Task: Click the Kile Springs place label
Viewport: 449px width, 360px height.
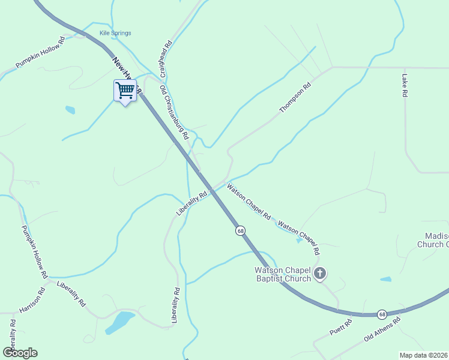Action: [115, 33]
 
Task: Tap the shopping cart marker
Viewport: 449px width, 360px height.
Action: [125, 91]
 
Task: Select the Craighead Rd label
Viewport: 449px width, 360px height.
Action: [166, 59]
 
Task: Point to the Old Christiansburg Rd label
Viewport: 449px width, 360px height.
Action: [175, 112]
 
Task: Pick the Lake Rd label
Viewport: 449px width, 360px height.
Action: [405, 86]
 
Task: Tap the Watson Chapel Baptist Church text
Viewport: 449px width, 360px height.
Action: [282, 274]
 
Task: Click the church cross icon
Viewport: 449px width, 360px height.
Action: [321, 274]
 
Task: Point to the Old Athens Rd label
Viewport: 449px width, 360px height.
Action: [382, 330]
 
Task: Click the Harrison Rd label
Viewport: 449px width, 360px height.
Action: [32, 301]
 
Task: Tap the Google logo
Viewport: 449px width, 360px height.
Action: [20, 352]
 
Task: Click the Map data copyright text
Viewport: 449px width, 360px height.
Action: [423, 355]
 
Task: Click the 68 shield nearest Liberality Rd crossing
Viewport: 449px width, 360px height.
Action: [240, 230]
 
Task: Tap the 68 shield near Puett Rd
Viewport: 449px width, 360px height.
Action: [382, 314]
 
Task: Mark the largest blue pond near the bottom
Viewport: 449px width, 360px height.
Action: [120, 322]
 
